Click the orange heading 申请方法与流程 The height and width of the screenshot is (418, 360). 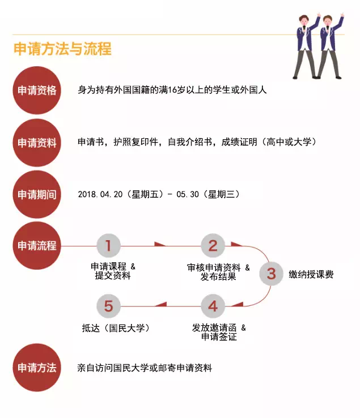tap(62, 49)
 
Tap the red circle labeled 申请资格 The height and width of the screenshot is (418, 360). tap(37, 90)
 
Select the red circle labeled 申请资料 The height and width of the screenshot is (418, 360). tap(37, 143)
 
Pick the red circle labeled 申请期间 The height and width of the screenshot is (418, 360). tap(37, 194)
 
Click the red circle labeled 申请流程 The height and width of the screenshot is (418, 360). tap(37, 245)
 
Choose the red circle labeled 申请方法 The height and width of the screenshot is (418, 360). tap(37, 368)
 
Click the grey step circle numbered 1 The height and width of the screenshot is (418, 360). tap(108, 245)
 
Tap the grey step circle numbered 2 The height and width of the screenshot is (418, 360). tap(213, 245)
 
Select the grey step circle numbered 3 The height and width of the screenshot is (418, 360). tap(271, 274)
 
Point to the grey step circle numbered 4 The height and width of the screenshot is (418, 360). tap(213, 306)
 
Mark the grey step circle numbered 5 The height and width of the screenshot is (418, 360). tap(108, 306)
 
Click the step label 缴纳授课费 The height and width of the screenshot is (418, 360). tap(311, 274)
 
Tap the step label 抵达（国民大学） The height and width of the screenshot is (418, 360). tap(115, 328)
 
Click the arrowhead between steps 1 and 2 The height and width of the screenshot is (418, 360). tap(159, 244)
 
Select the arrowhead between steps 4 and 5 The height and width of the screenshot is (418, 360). tap(161, 304)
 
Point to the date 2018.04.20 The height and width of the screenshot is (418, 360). tap(100, 194)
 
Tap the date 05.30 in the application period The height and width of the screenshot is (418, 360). tap(188, 194)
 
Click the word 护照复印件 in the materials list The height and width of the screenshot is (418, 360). tap(135, 142)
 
